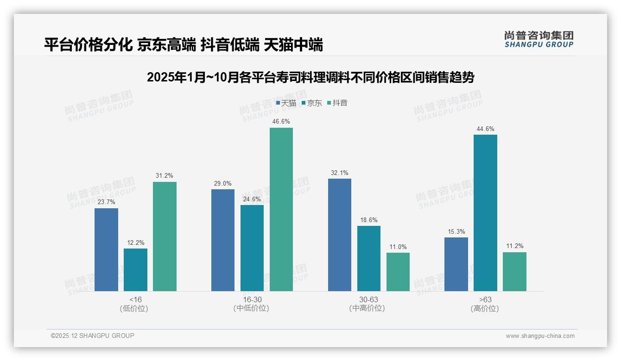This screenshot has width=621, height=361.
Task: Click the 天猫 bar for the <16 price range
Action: pos(106,249)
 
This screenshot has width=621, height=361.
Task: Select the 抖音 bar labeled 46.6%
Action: pos(281,209)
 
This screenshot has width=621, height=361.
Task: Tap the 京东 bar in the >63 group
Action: pos(485,213)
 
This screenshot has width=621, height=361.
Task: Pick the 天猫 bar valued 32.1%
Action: pos(340,235)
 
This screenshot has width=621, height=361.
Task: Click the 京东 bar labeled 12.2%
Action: pos(135,270)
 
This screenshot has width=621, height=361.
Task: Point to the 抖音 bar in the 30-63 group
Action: pos(398,272)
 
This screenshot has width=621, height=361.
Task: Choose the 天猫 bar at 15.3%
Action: pos(456,264)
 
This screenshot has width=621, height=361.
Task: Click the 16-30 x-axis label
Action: pos(252,299)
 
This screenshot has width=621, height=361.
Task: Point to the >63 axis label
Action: pos(485,299)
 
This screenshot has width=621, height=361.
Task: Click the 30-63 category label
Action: pos(368,299)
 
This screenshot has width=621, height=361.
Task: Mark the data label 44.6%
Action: pos(485,129)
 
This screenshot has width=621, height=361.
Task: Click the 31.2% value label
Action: pos(165,175)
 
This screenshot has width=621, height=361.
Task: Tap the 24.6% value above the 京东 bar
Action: pos(252,199)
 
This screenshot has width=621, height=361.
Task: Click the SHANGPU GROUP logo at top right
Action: pos(539,39)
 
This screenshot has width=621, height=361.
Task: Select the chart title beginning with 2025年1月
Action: pos(310,77)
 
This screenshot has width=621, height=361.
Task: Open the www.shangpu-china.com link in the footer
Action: pos(540,336)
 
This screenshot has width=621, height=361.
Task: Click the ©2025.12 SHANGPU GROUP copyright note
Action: pos(93,336)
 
